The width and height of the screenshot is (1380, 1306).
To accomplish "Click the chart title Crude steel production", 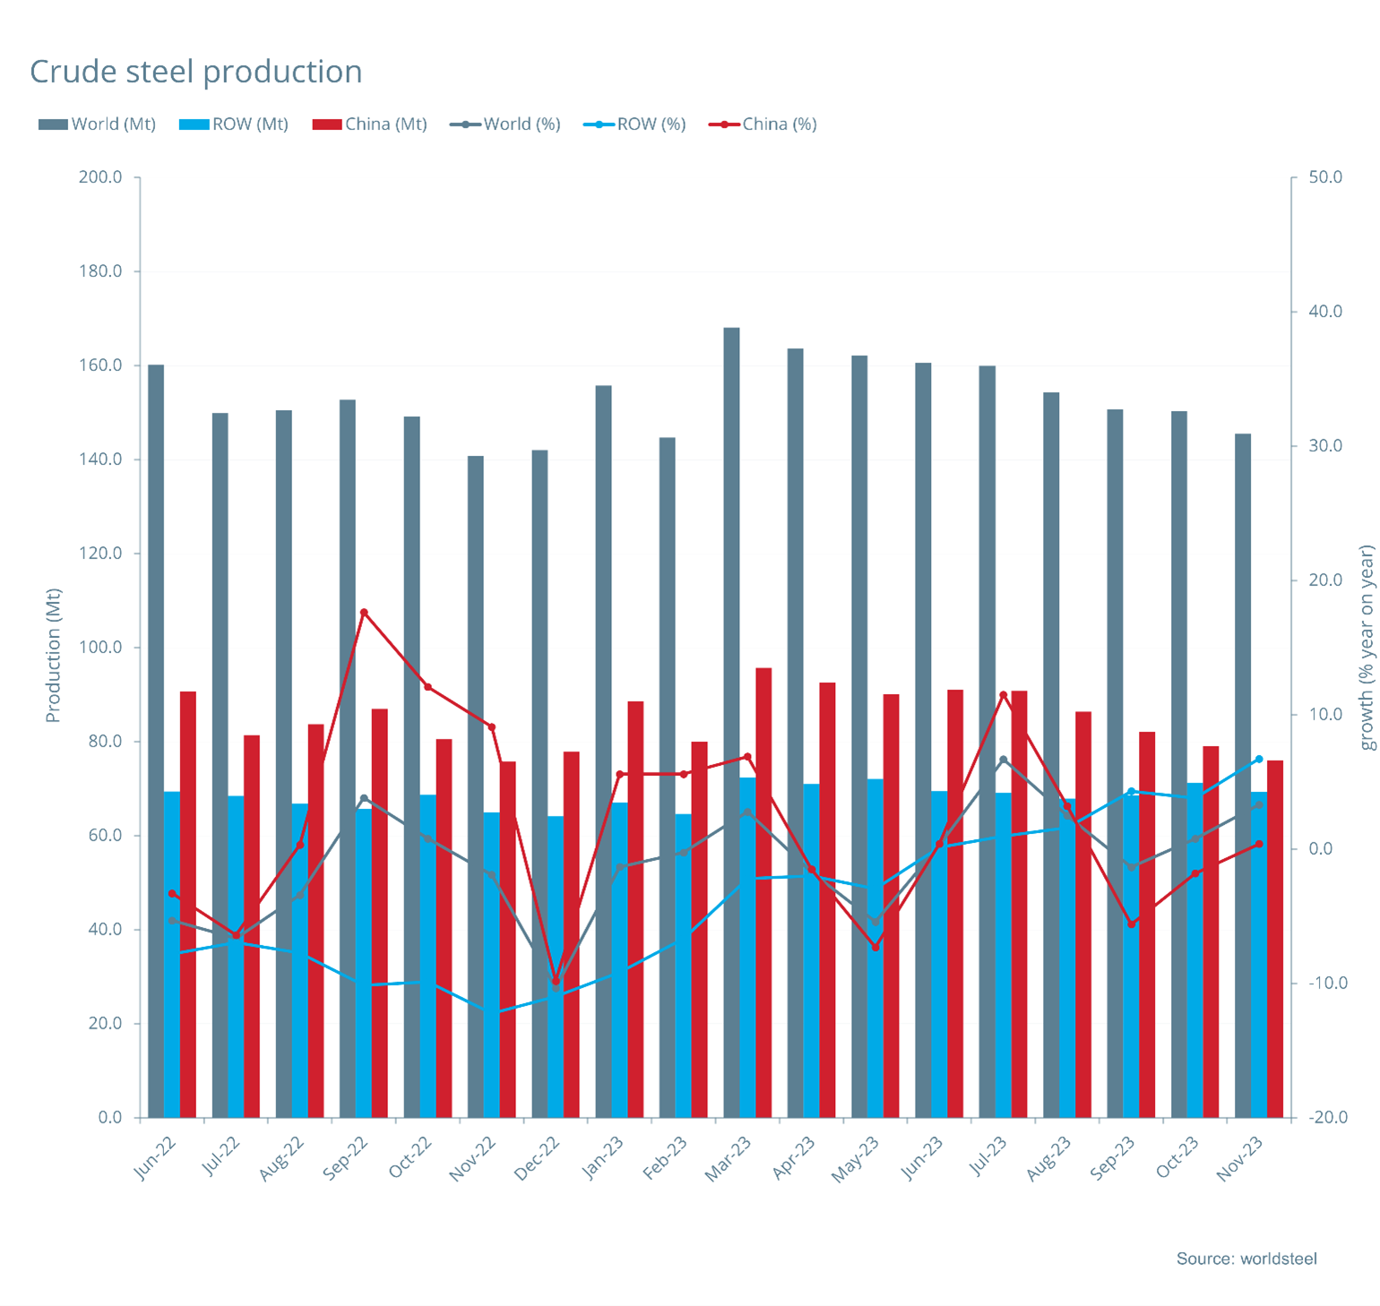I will [196, 72].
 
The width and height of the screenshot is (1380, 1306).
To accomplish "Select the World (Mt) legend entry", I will [98, 125].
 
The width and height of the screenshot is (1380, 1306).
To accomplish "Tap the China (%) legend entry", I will [763, 125].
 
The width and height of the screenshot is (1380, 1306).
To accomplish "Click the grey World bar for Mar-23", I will [731, 717].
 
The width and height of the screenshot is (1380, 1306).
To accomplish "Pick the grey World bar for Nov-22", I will [476, 788].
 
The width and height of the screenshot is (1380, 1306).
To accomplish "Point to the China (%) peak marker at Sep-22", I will [364, 613].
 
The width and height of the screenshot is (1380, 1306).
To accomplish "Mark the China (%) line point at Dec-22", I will [556, 982].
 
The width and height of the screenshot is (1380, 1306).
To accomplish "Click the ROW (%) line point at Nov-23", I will [1259, 760].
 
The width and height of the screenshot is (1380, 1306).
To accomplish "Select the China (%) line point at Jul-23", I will [1004, 695].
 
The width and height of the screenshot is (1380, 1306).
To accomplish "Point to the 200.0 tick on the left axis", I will [100, 177].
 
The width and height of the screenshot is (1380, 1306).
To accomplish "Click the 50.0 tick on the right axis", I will [1325, 177].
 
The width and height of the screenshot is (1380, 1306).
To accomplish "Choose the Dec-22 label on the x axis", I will [538, 1157].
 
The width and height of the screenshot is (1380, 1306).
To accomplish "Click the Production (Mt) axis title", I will [53, 655].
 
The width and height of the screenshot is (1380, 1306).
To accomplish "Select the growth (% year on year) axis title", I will [1367, 648].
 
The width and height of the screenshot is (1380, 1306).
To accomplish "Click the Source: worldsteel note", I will [1246, 1259].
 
